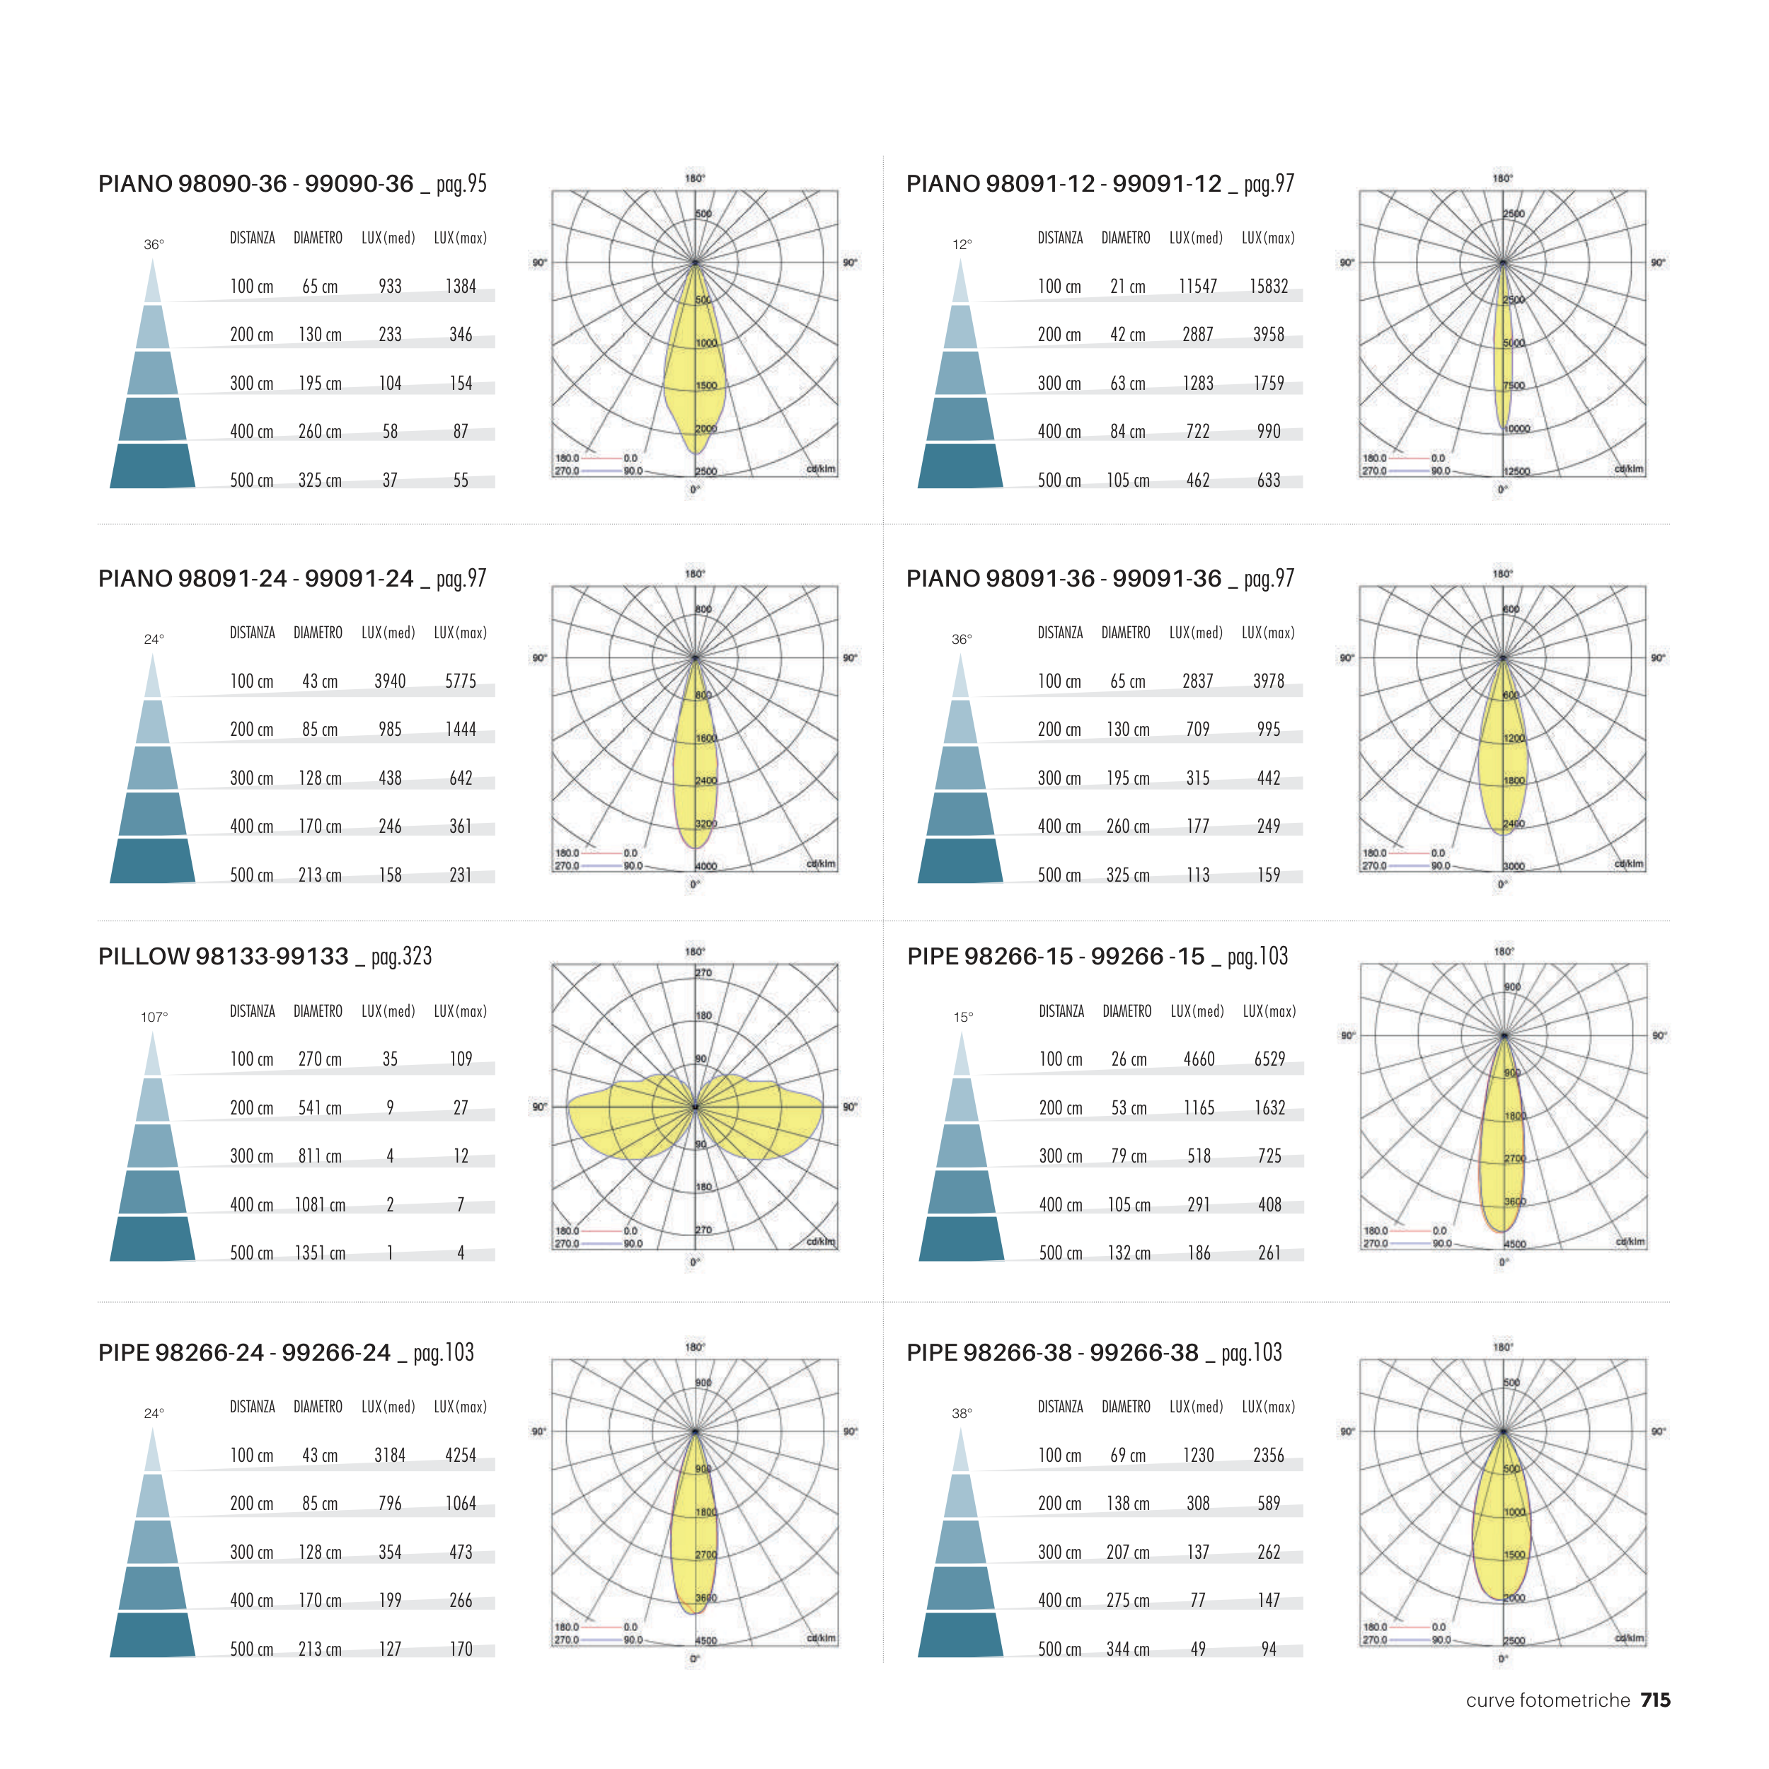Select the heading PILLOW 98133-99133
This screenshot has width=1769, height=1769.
224,957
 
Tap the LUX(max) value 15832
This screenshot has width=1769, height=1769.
1268,287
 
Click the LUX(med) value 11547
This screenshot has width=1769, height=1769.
1198,287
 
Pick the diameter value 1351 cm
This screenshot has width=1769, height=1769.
320,1252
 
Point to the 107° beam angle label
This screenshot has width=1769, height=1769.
154,1018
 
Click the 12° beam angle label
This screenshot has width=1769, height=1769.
962,244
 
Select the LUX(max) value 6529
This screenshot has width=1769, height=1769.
1269,1059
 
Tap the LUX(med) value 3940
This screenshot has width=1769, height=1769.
389,681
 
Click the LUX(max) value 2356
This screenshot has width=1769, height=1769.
1268,1456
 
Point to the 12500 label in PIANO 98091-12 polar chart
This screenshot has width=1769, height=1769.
1516,471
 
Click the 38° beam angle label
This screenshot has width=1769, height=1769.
962,1414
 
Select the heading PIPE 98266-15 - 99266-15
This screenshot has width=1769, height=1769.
1056,957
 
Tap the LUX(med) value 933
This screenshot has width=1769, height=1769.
390,287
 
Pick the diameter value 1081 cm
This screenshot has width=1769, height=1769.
320,1205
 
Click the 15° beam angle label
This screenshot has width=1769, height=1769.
962,1018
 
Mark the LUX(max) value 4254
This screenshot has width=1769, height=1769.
461,1456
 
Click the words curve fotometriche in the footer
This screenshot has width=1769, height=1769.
1548,1700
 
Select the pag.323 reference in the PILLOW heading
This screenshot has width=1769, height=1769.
401,957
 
